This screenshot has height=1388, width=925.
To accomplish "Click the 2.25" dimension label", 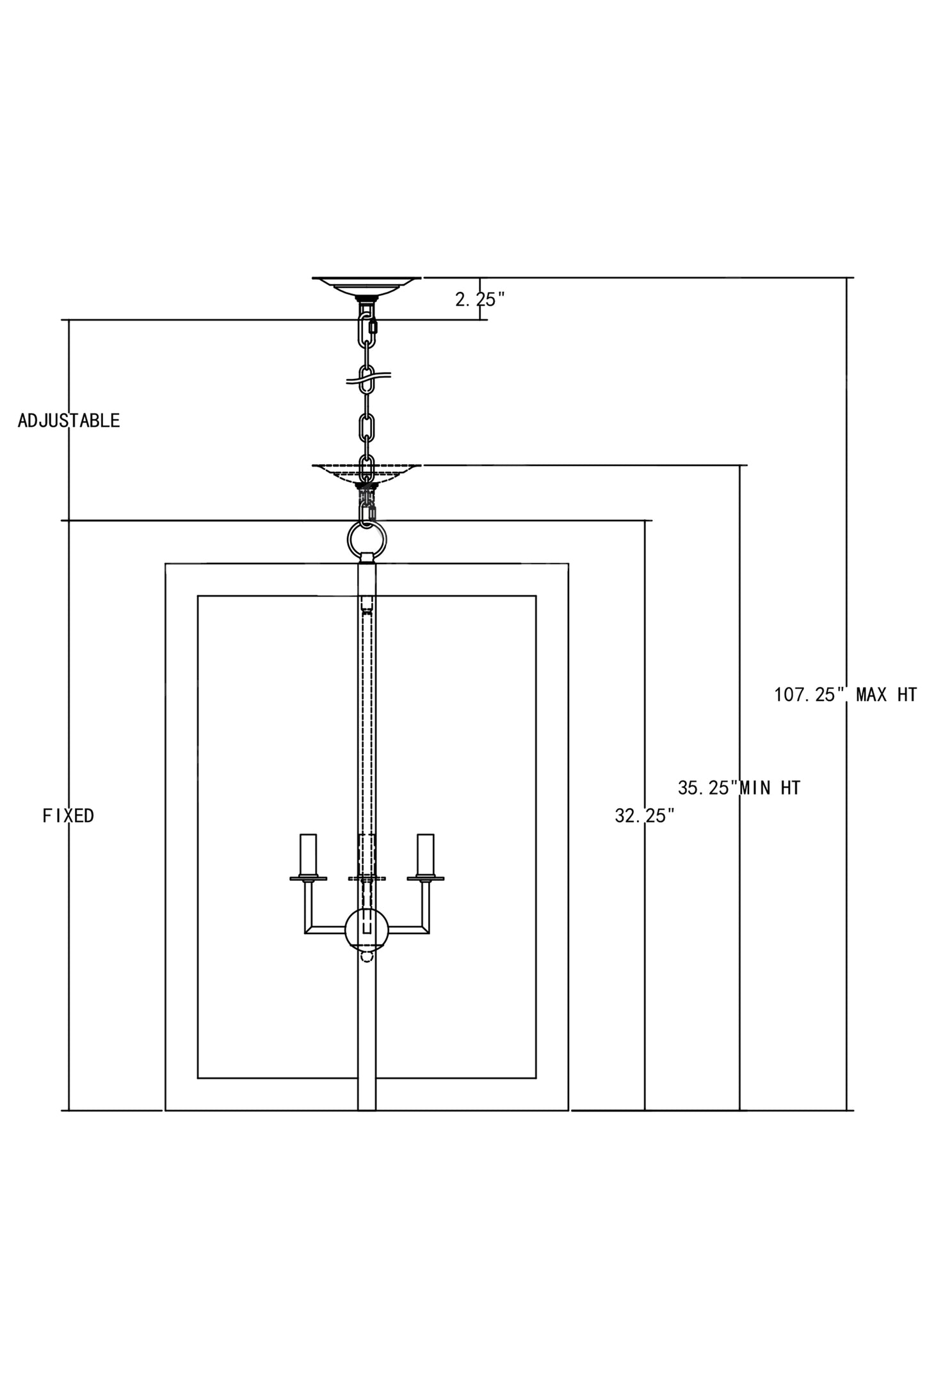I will [x=479, y=299].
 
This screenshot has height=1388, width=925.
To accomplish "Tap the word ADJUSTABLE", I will [x=68, y=421].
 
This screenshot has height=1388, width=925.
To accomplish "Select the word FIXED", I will [x=68, y=816].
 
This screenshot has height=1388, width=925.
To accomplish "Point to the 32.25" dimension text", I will [x=644, y=816].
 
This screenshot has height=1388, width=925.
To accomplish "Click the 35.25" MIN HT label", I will [x=739, y=787].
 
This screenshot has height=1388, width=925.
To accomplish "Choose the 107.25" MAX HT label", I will [x=845, y=695].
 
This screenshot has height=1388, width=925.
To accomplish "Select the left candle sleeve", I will [x=309, y=854].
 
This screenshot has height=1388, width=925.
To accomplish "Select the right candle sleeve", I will [x=425, y=854].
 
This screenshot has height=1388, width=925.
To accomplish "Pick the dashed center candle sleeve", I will [x=367, y=854].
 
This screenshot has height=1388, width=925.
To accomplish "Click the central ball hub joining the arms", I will [x=367, y=930].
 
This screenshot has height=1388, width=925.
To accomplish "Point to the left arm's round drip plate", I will [x=309, y=878].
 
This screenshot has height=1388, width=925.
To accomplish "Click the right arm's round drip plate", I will [x=425, y=878].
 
